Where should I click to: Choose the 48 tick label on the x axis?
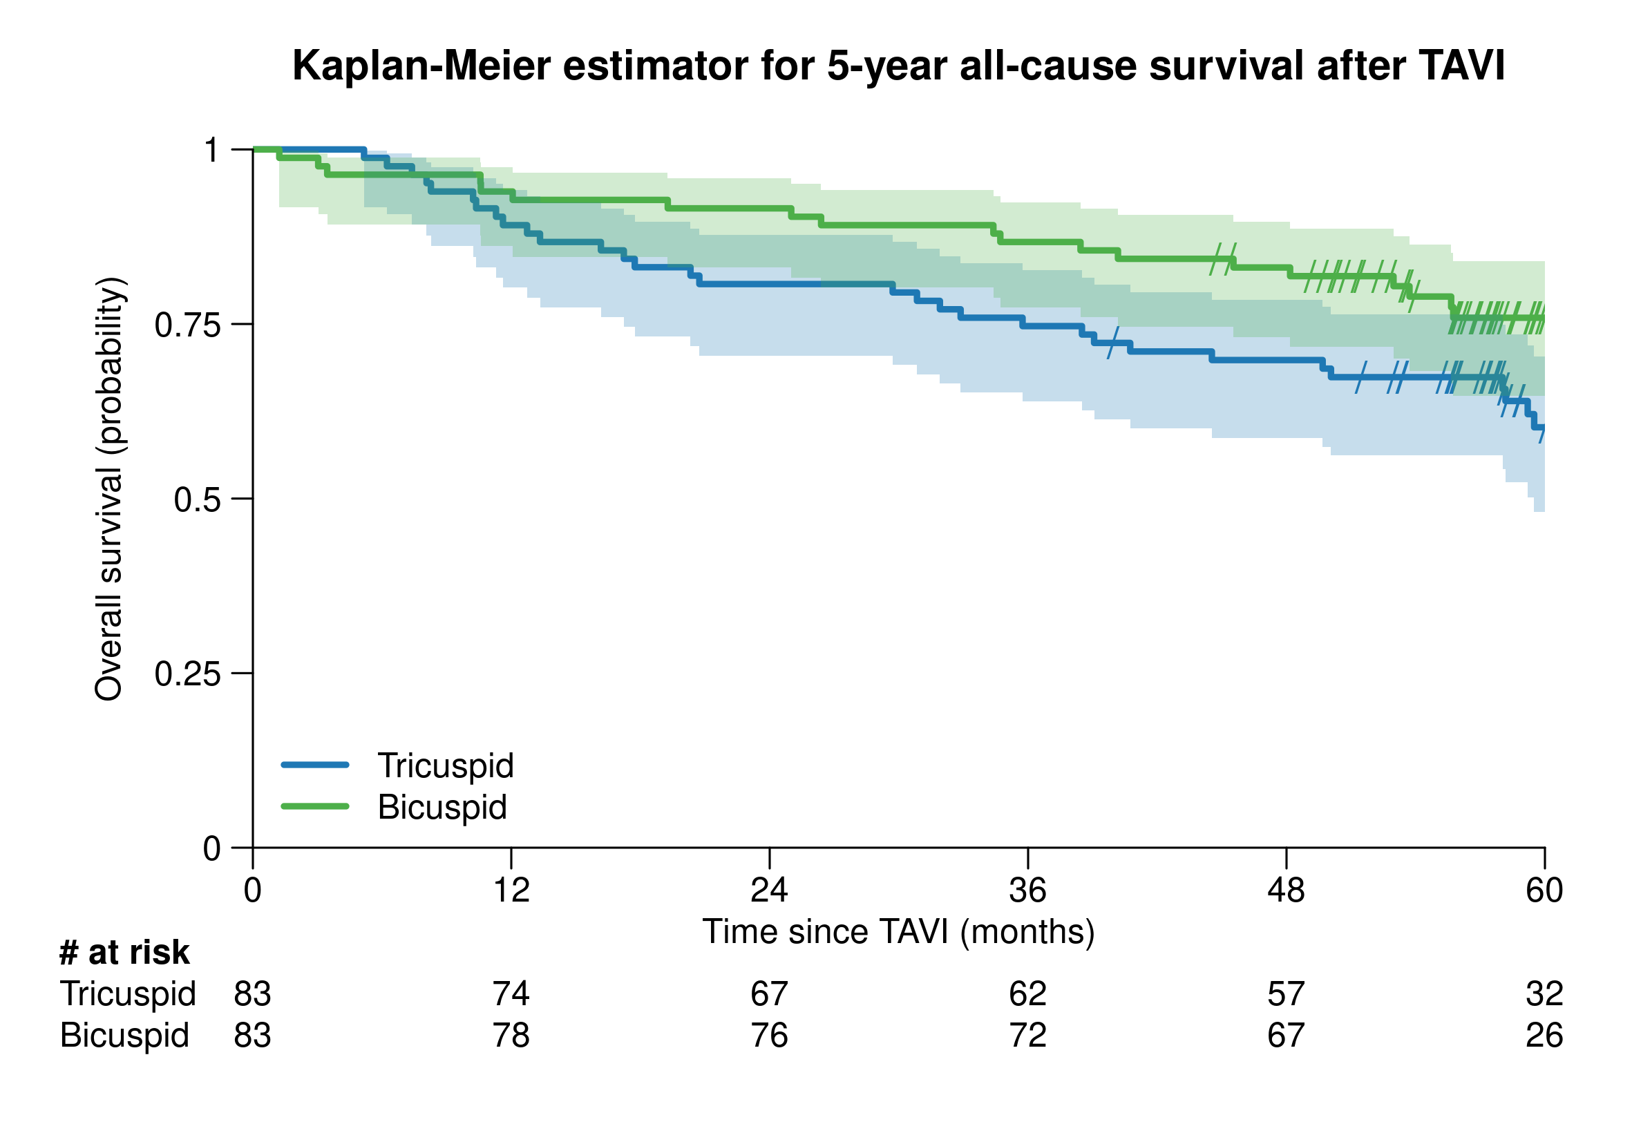1286,891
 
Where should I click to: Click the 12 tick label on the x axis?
511,891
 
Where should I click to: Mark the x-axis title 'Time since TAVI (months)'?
898,933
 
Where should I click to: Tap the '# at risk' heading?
124,953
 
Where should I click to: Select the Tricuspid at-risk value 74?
511,994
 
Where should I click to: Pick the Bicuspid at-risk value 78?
511,1036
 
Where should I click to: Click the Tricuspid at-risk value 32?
1544,994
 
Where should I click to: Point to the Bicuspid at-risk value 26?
1544,1036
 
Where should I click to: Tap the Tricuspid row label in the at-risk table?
127,994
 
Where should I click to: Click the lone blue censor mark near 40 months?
1113,343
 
